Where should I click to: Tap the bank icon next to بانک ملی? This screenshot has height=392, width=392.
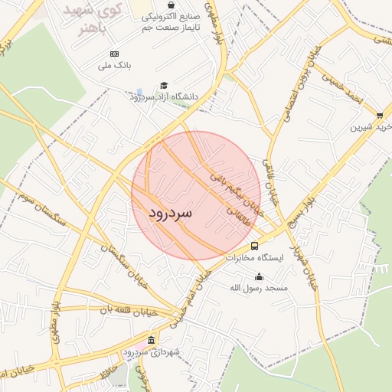[x=114, y=53]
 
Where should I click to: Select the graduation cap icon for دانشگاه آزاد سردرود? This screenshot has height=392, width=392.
[x=164, y=86]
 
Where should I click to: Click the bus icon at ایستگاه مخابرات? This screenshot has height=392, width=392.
[x=254, y=246]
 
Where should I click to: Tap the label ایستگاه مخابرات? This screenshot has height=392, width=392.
[x=254, y=258]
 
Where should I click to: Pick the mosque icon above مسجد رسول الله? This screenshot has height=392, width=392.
[x=259, y=276]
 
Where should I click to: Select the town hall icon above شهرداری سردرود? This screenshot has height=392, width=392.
[x=151, y=340]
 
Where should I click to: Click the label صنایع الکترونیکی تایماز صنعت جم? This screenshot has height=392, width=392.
[x=174, y=21]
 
